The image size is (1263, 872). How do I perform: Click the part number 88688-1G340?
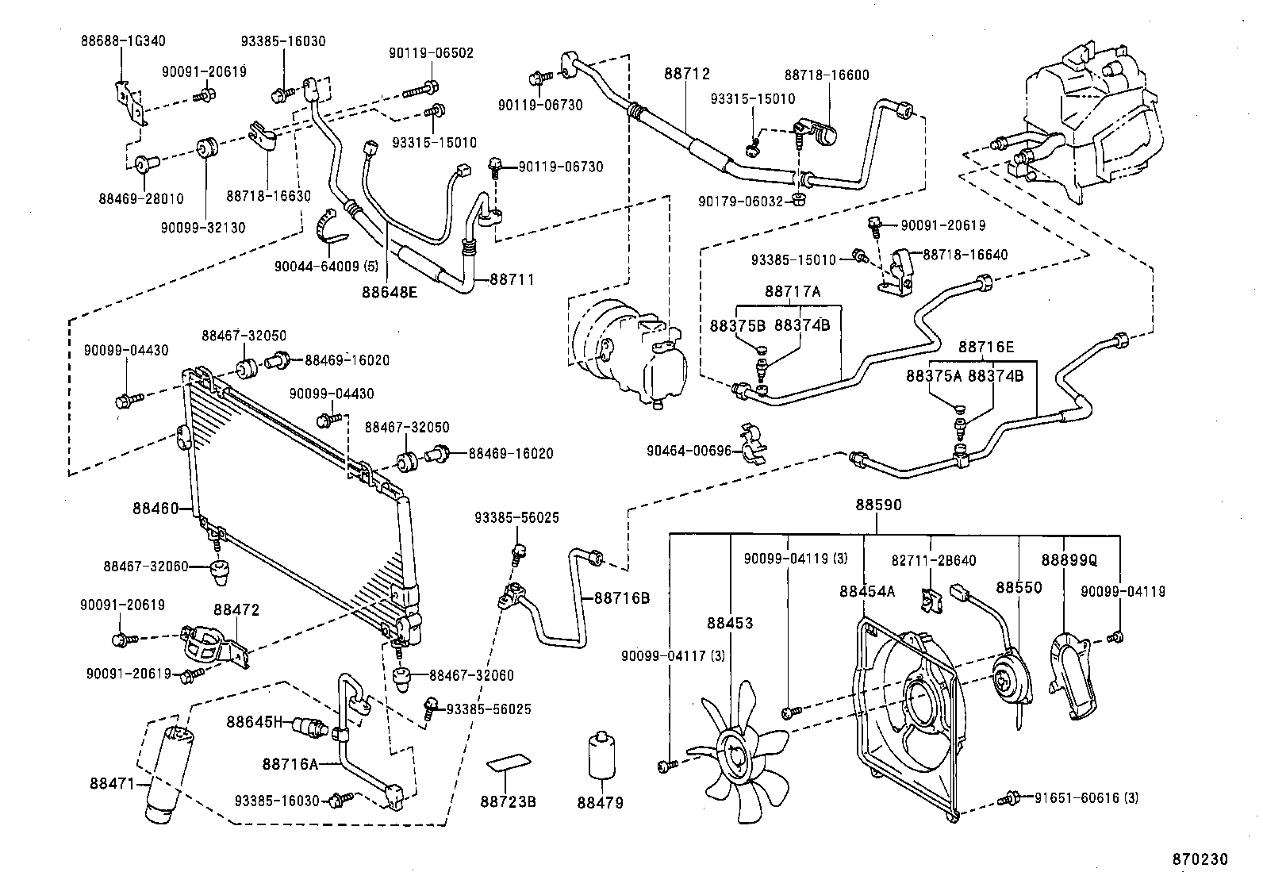[122, 40]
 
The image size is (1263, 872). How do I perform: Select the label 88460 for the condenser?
[155, 508]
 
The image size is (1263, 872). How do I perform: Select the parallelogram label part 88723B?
[509, 763]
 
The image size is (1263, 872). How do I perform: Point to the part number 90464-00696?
[686, 451]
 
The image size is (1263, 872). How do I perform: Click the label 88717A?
[793, 291]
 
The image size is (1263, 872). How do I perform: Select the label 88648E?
[390, 292]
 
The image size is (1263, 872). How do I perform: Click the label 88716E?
[985, 347]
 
